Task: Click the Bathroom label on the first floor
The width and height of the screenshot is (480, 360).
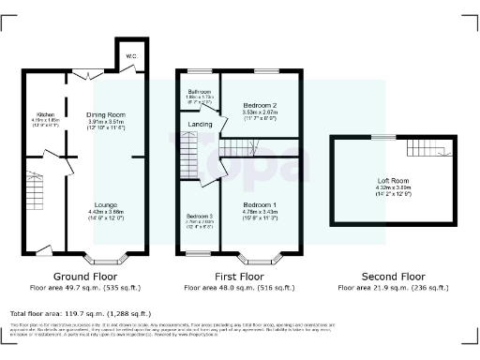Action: coord(199,92)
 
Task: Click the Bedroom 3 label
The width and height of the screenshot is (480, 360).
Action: coord(198,215)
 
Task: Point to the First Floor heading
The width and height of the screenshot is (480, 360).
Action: coord(239,277)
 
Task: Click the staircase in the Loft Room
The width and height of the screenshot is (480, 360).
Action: coord(427,147)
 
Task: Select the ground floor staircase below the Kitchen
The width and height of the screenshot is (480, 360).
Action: coord(37,187)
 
